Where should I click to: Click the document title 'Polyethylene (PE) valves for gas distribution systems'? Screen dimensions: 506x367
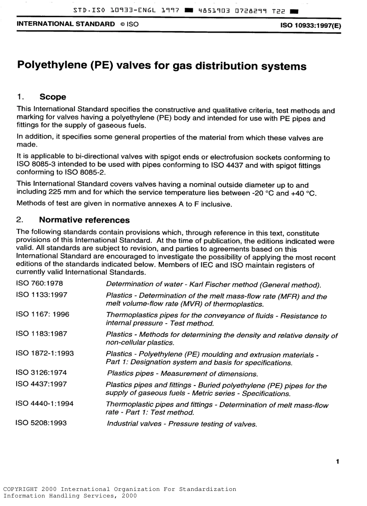(x=162, y=66)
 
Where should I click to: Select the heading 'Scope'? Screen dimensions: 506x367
(x=53, y=97)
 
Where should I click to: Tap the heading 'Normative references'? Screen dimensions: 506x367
(x=84, y=220)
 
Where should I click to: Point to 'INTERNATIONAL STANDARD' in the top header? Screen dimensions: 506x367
(x=65, y=24)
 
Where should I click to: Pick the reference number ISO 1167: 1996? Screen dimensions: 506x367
(x=42, y=314)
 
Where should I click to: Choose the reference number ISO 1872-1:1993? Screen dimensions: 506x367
(x=44, y=353)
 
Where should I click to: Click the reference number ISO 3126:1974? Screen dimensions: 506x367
(x=41, y=372)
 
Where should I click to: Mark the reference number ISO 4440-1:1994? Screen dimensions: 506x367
(x=44, y=403)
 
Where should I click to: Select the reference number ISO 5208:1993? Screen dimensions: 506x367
(x=41, y=423)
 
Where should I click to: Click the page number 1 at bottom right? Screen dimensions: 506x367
(x=338, y=461)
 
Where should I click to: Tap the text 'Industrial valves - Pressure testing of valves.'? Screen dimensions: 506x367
(x=182, y=424)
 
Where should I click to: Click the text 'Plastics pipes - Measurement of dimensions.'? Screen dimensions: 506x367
(x=182, y=374)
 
